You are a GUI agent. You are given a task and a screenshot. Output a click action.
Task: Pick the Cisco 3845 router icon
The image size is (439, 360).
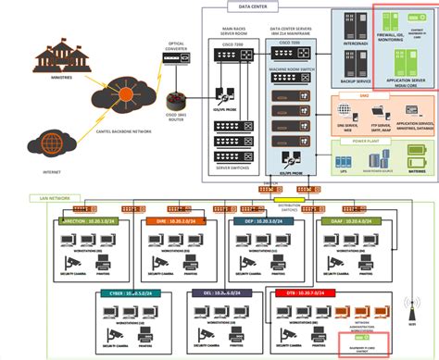(x=176, y=96)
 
